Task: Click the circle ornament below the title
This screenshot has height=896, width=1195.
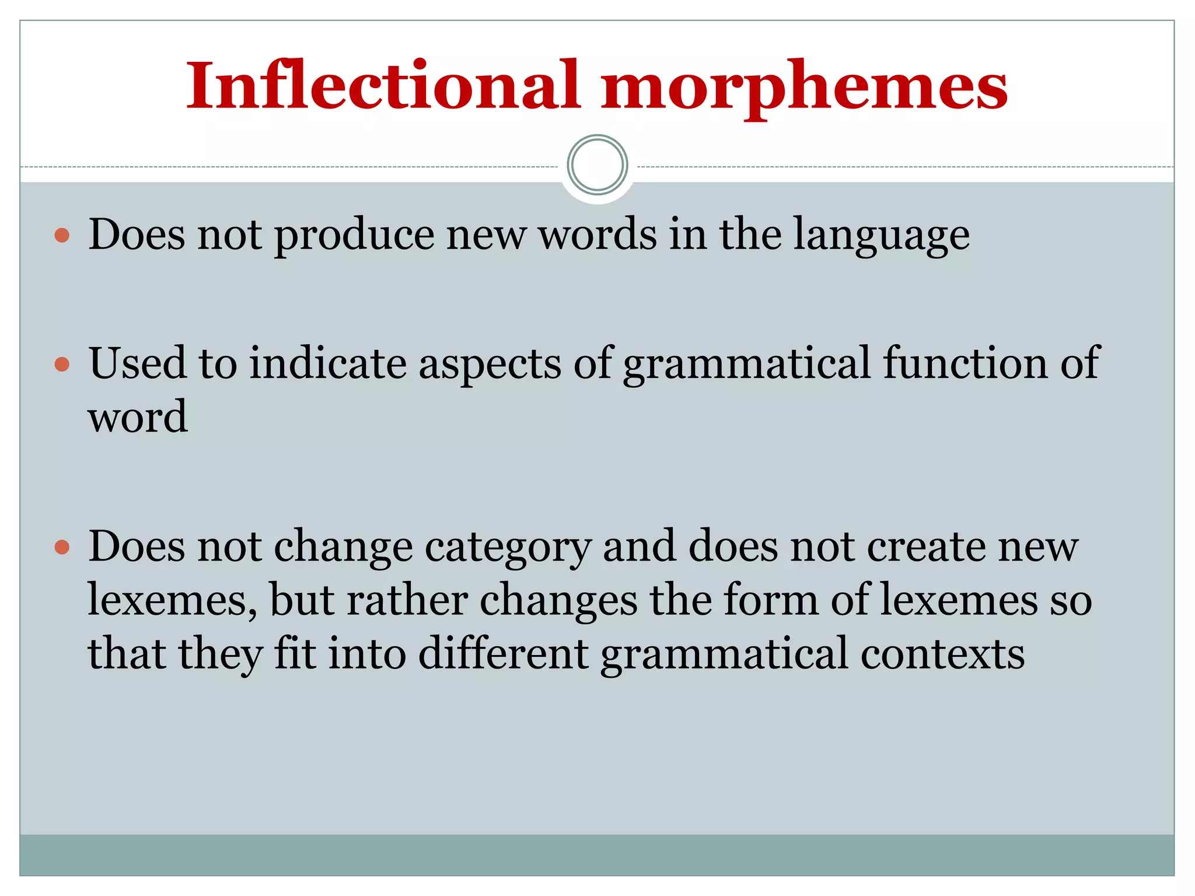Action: coord(597,165)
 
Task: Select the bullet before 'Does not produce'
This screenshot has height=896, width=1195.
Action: coord(62,236)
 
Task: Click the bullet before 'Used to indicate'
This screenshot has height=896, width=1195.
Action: coord(62,365)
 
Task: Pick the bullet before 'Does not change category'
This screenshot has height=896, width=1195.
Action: coord(62,548)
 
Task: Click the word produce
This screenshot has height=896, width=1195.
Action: coord(354,236)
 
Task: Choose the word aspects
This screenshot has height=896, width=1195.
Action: coord(490,365)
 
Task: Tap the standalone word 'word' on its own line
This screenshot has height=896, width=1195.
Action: coord(138,418)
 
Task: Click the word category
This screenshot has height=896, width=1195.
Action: coord(508,548)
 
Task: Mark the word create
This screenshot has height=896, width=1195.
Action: coord(925,547)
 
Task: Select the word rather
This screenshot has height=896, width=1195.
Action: coord(407,600)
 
